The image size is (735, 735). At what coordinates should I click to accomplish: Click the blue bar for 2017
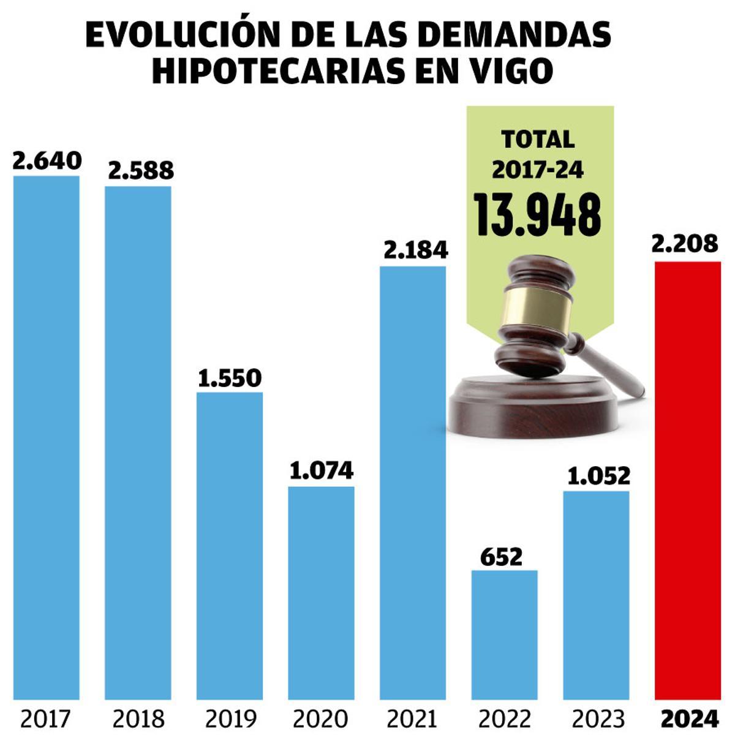[47, 437]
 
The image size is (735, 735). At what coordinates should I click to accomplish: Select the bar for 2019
[230, 545]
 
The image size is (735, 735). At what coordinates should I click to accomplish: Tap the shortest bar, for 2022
[504, 635]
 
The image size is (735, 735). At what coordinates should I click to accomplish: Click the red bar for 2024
[687, 480]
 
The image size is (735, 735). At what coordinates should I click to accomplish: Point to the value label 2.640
[47, 160]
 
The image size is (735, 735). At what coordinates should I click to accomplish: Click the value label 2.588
[141, 170]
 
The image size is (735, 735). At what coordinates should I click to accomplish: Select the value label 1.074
[322, 470]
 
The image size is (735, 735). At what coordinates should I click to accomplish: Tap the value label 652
[502, 557]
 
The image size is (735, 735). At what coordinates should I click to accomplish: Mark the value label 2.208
[685, 244]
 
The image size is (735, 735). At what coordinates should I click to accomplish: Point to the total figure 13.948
[538, 215]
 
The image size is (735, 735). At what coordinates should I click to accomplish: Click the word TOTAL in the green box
[538, 140]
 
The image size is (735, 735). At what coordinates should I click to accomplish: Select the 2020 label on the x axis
[321, 718]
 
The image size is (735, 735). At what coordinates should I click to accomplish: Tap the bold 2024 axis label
[689, 718]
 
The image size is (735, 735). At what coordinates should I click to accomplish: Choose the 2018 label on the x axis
[138, 718]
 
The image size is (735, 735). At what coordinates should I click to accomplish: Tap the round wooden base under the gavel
[533, 407]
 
